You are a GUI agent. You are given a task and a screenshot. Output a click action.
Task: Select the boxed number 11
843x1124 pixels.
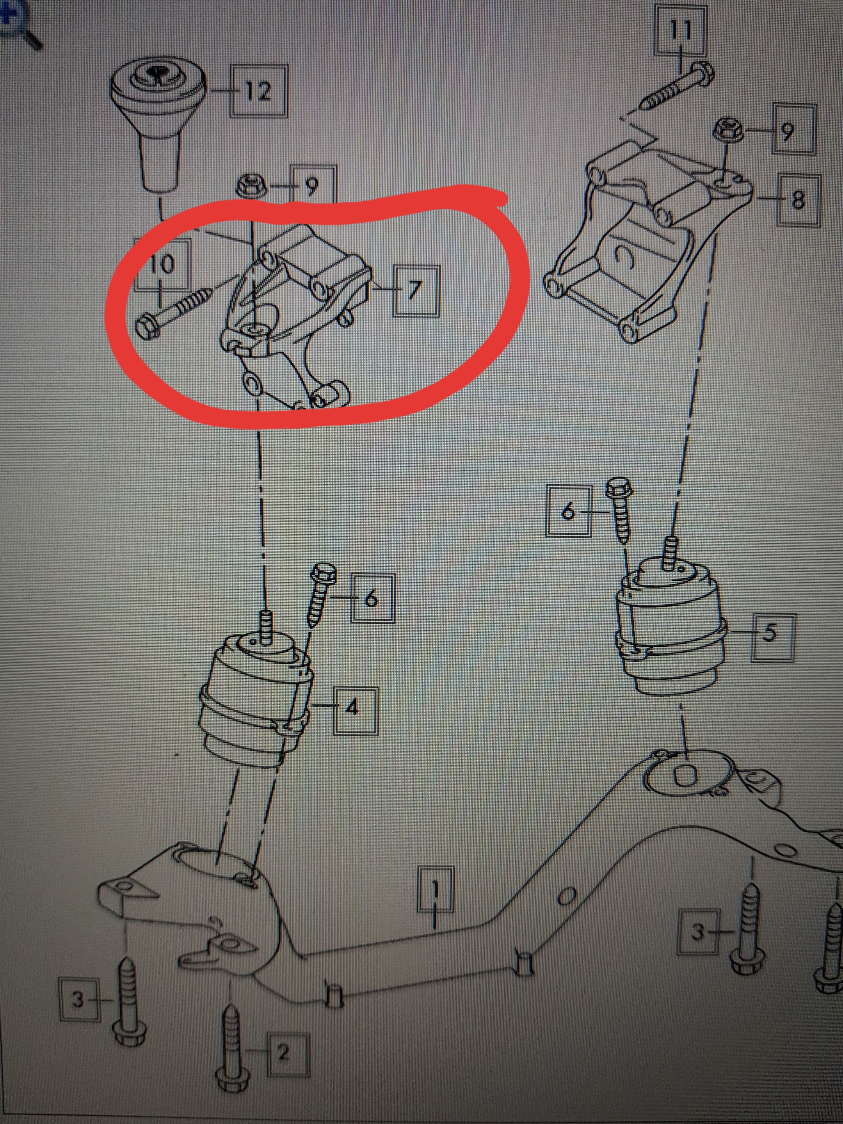[x=680, y=30]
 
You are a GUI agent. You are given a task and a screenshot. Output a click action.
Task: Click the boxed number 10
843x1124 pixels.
[x=162, y=264]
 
